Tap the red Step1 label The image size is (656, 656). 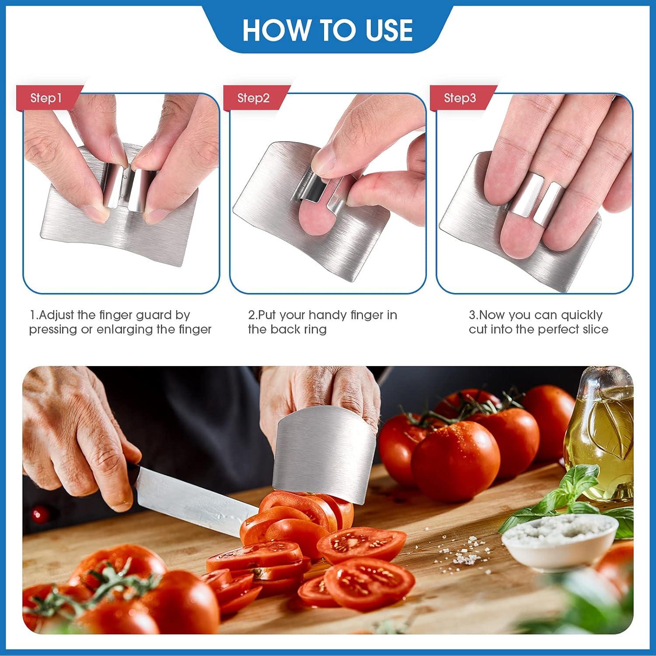pyautogui.click(x=46, y=98)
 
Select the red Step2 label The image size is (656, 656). pyautogui.click(x=253, y=98)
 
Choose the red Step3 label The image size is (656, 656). pyautogui.click(x=460, y=98)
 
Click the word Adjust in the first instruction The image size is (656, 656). pyautogui.click(x=57, y=315)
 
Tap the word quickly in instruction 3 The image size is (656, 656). pyautogui.click(x=581, y=315)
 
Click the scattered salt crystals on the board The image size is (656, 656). pyautogui.click(x=464, y=553)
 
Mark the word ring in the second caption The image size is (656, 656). pyautogui.click(x=316, y=329)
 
